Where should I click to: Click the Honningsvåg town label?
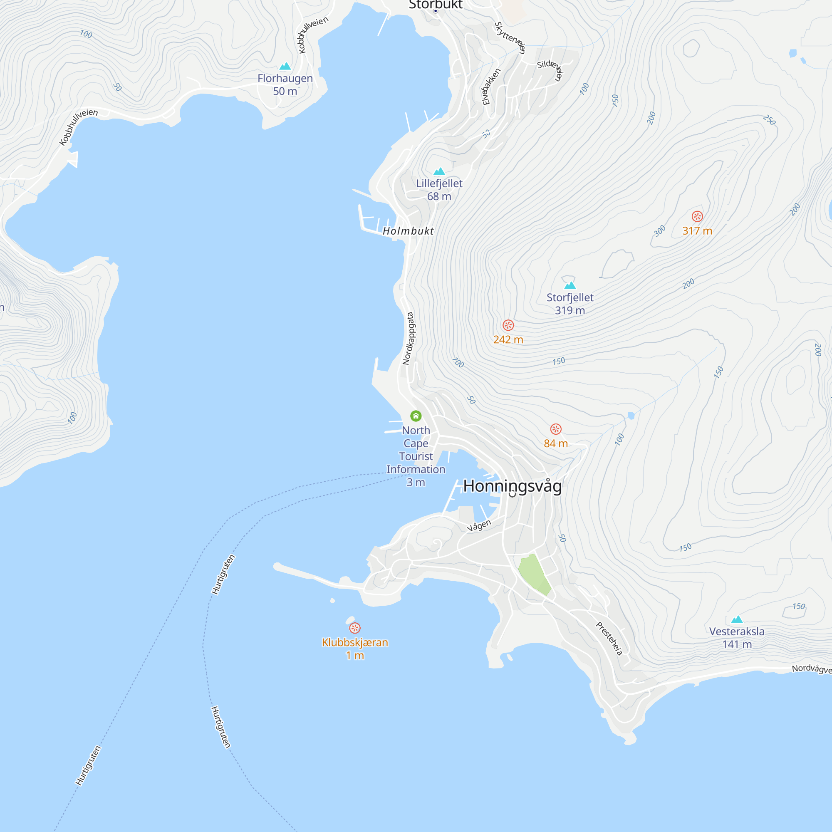point(512,486)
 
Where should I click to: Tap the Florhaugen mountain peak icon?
point(285,66)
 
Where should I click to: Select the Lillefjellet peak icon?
point(439,171)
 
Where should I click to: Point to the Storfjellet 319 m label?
point(570,304)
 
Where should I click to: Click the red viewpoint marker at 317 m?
point(697,216)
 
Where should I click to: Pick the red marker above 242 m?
point(508,325)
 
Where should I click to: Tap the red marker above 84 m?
point(555,429)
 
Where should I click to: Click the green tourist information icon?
point(416,416)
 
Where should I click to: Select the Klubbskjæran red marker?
point(355,628)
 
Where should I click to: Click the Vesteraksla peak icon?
point(737,619)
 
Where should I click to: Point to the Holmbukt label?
point(408,231)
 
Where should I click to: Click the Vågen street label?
point(479,525)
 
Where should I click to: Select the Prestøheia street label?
point(609,639)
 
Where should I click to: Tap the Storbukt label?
point(436,5)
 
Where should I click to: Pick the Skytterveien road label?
point(510,37)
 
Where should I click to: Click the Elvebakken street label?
point(491,87)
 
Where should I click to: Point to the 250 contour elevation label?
point(769,120)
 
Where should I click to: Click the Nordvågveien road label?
point(811,669)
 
